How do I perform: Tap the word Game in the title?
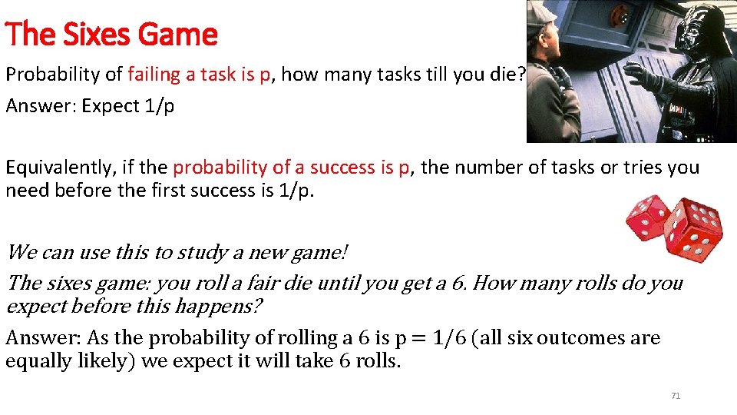185,35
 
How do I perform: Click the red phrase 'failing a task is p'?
200,75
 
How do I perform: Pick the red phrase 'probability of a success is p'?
292,168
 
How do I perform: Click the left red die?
649,218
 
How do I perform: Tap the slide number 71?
676,396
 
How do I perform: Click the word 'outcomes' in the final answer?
583,338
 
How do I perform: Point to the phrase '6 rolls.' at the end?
370,360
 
